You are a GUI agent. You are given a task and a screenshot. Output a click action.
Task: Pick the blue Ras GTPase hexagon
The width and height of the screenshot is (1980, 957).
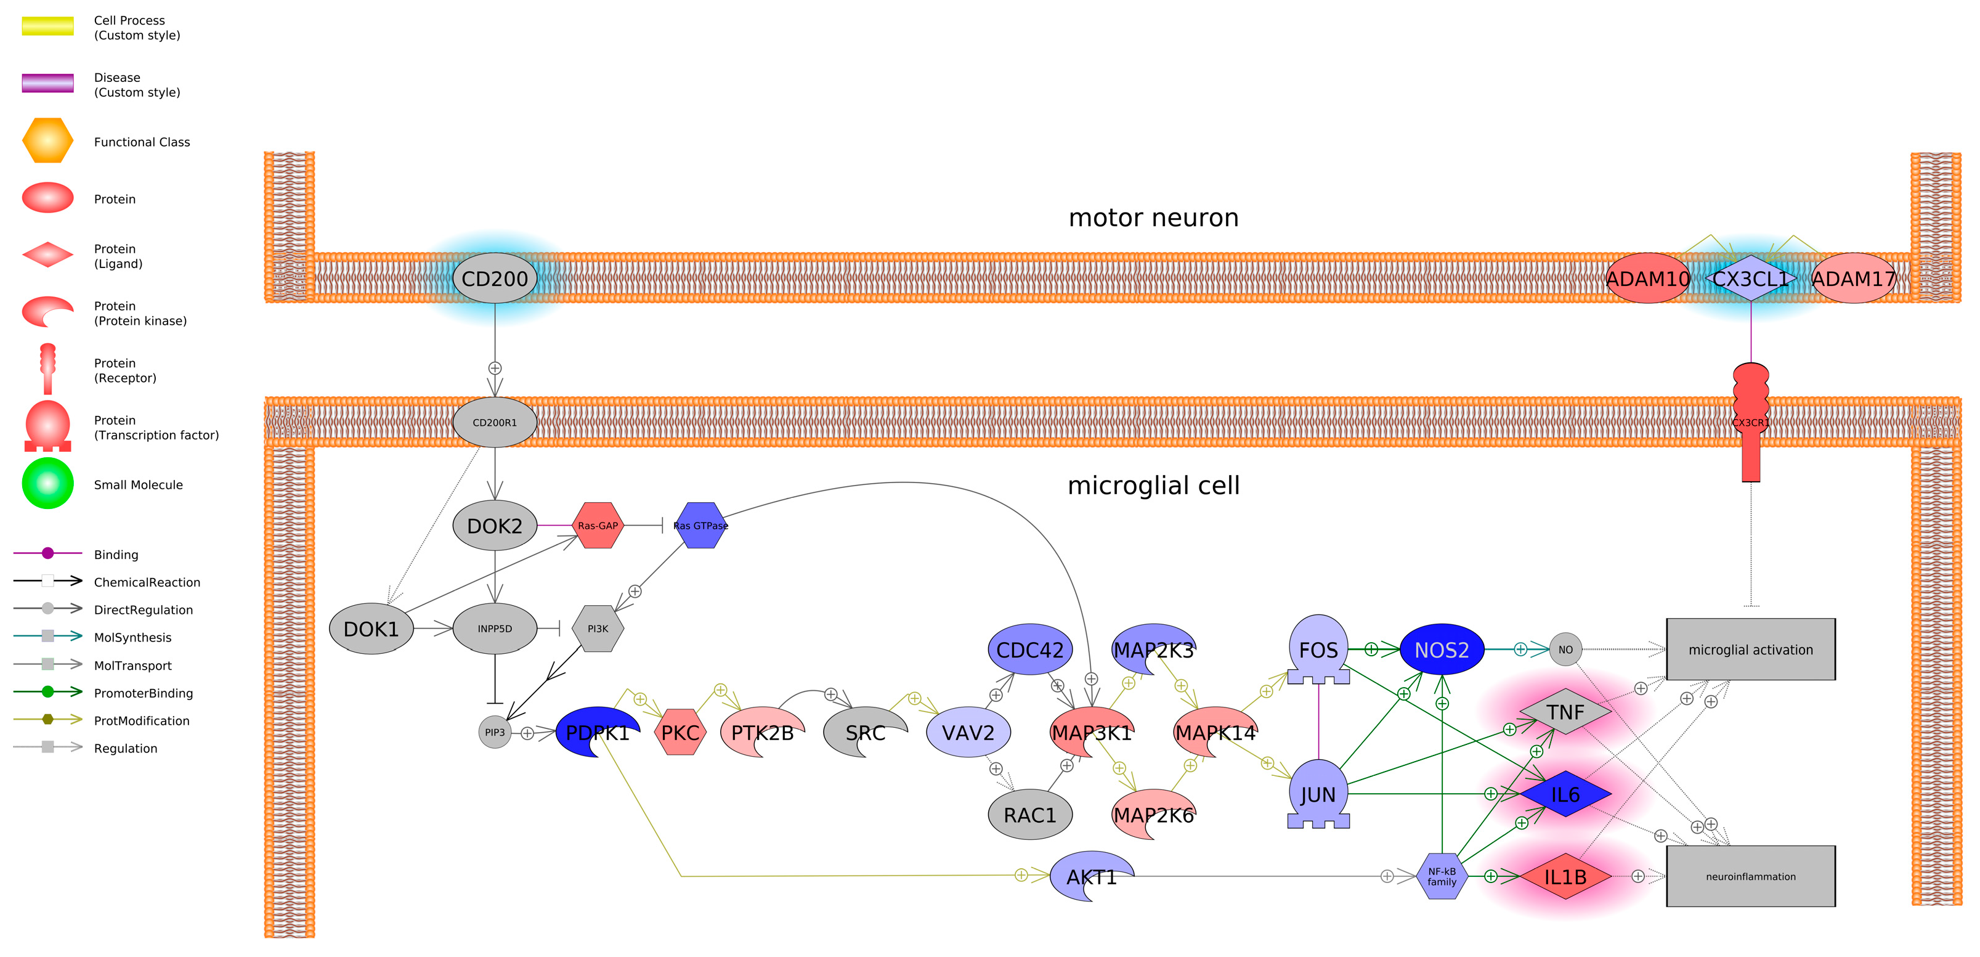[x=700, y=526]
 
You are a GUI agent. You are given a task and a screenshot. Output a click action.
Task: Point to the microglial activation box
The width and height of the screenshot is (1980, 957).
[x=1750, y=650]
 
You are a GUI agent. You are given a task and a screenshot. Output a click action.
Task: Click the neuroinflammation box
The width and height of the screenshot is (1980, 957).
[x=1750, y=876]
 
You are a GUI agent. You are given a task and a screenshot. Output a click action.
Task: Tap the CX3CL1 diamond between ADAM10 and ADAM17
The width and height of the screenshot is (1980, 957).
[x=1750, y=279]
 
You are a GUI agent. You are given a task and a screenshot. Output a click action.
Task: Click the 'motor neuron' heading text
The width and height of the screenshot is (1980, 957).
[x=1153, y=218]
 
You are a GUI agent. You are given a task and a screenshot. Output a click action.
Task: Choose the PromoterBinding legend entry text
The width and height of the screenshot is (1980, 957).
[x=143, y=693]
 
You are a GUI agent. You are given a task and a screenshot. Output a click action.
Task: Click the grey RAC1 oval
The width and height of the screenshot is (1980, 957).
[x=1029, y=815]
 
